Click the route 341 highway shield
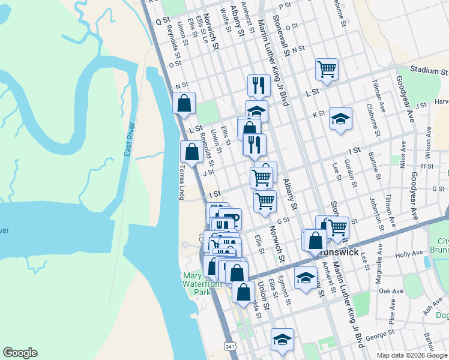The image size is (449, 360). tap(229, 347)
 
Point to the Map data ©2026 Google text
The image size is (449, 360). tap(411, 355)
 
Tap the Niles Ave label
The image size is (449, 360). tap(403, 153)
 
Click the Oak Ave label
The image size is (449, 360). tap(391, 291)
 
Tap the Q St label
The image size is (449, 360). tap(163, 20)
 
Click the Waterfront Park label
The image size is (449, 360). tap(197, 292)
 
